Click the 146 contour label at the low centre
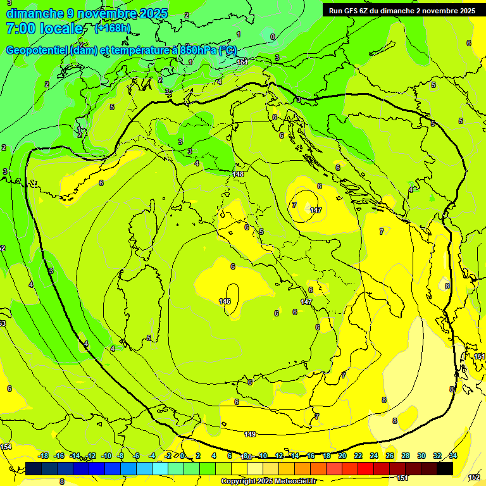point(225,301)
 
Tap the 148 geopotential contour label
point(238,174)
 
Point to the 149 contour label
point(250,433)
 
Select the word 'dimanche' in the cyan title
point(35,13)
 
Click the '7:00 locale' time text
point(44,28)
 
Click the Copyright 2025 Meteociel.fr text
point(268,482)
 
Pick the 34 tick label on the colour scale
point(453,456)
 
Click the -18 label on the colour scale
point(43,456)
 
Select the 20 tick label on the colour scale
point(342,456)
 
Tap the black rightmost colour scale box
point(445,468)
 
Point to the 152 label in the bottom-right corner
point(473,477)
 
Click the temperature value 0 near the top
point(272,37)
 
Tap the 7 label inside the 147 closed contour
point(294,205)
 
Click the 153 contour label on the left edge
point(3,323)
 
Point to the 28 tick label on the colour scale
point(406,456)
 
